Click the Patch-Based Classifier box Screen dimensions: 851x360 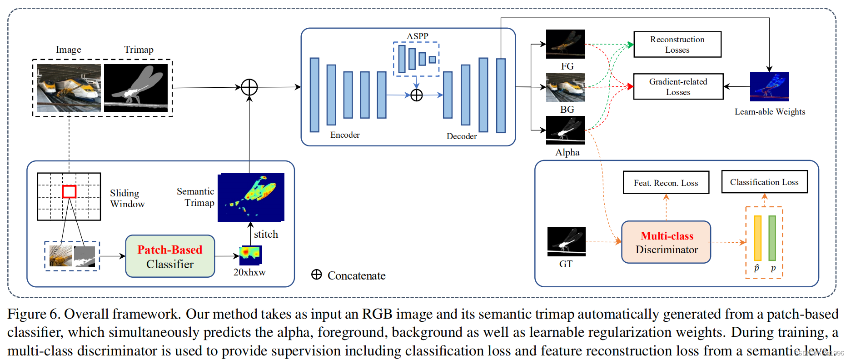(x=170, y=256)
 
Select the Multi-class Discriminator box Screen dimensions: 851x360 (x=666, y=242)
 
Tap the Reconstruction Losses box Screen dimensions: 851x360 (x=677, y=45)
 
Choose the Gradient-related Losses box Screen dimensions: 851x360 (x=678, y=86)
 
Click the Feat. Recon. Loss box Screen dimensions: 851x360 (x=666, y=183)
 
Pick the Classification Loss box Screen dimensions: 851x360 (x=765, y=182)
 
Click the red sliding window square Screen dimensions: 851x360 (x=69, y=191)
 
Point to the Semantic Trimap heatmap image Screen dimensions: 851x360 (x=251, y=198)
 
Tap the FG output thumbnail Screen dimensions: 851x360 (x=565, y=44)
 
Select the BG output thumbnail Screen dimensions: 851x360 (x=565, y=87)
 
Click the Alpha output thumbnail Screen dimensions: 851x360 (x=565, y=130)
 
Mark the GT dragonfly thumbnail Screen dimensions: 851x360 (x=567, y=242)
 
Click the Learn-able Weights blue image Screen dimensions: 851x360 (x=769, y=87)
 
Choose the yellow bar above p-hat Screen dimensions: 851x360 (x=757, y=238)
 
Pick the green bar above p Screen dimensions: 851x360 (x=772, y=238)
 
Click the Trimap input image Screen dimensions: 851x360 (x=136, y=88)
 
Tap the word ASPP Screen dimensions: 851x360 (x=418, y=36)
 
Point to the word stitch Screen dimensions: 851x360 (x=266, y=234)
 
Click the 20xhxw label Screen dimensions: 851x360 (x=249, y=272)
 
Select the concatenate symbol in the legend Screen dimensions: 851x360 (x=317, y=275)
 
